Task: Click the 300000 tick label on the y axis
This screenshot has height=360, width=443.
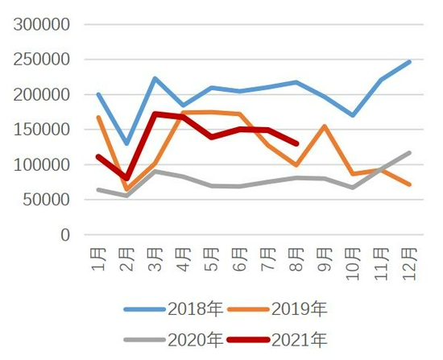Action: pos(42,24)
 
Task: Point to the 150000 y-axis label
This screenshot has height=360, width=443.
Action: pos(42,130)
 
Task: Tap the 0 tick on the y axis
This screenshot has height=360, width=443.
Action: pos(65,234)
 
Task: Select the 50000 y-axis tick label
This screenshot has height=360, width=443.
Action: pos(47,200)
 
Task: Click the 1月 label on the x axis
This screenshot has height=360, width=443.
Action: pos(98,259)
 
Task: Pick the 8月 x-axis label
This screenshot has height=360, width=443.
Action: pos(296,259)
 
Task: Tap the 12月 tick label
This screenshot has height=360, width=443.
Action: pos(410,264)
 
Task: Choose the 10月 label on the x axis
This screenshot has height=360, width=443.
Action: pos(353,264)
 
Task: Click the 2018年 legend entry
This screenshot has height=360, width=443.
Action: pos(173,308)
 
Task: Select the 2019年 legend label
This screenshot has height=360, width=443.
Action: pos(277,308)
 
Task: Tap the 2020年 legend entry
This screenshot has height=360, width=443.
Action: pos(173,340)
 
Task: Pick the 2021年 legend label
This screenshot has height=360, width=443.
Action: pos(277,340)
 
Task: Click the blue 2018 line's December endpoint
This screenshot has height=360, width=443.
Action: pos(409,62)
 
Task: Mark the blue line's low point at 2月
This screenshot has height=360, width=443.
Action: pos(126,143)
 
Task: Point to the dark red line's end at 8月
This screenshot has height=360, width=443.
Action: pos(296,144)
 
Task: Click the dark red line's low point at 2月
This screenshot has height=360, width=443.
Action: pos(126,178)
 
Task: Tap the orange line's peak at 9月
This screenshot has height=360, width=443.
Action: pos(325,126)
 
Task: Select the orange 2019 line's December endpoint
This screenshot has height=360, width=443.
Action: pos(409,184)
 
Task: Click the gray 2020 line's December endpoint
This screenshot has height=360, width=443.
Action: pos(409,153)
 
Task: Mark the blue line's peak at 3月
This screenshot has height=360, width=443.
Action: pos(155,78)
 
